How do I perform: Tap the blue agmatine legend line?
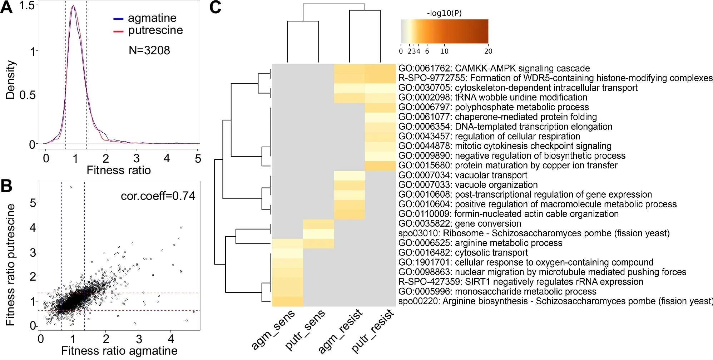118,19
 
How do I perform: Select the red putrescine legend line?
118,31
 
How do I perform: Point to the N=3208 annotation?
149,50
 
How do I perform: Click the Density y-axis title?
10,80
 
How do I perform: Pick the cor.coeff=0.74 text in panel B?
158,196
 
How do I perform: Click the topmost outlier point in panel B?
71,187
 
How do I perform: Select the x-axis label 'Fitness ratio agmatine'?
119,351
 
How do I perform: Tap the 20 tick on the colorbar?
488,51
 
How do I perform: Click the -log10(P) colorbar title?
444,13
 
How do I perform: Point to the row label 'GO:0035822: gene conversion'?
460,224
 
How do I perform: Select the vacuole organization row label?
468,185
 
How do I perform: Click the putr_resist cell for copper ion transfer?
380,166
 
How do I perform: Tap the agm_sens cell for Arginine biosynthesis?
287,302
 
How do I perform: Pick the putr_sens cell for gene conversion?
318,224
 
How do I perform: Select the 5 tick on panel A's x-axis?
198,158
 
